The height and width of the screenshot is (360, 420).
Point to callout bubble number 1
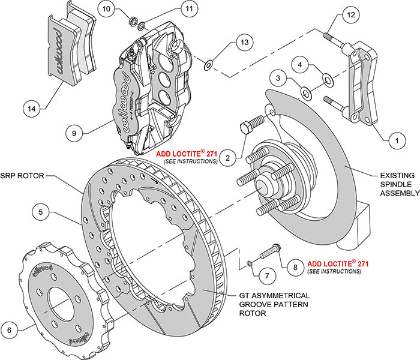(x=395, y=140)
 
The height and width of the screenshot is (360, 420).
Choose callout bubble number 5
(x=24, y=328)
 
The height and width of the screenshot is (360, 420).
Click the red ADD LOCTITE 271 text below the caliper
(x=187, y=153)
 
